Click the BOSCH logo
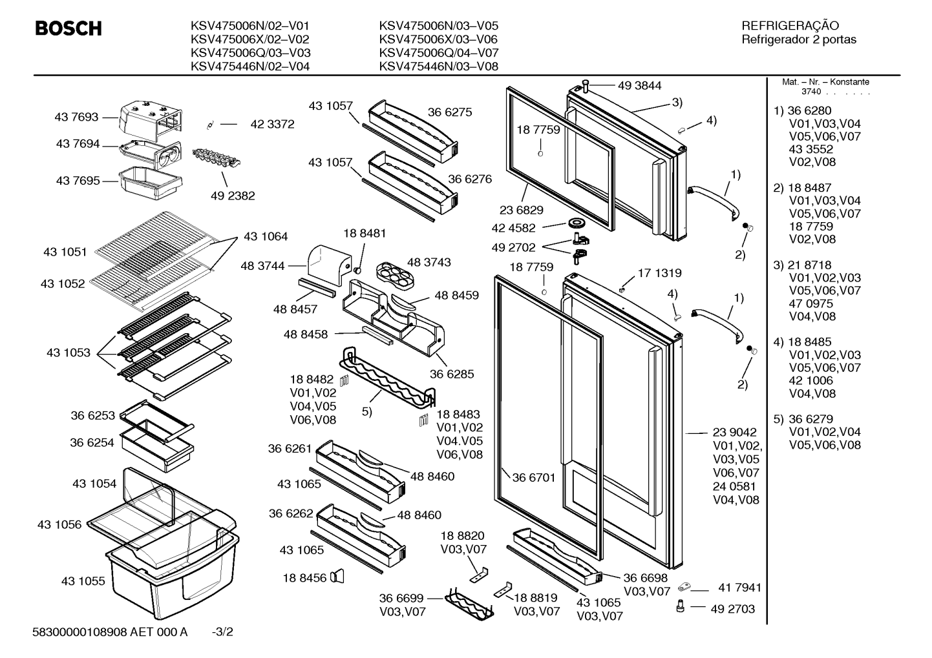tap(69, 28)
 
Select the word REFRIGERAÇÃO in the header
tap(790, 25)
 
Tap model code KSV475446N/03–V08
tap(439, 66)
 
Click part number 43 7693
tap(76, 117)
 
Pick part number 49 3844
tap(639, 86)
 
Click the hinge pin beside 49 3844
tap(586, 86)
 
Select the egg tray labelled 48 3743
tap(396, 276)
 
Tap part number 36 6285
tap(452, 374)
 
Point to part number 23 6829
tap(522, 211)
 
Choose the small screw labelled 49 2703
tap(681, 607)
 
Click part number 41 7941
tap(740, 588)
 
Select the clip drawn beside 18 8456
tap(337, 577)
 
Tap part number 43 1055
tap(83, 581)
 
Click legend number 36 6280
tap(809, 110)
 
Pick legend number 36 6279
tap(810, 419)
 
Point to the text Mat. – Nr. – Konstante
tap(825, 82)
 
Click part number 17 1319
tap(660, 273)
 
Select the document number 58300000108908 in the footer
tap(79, 632)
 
